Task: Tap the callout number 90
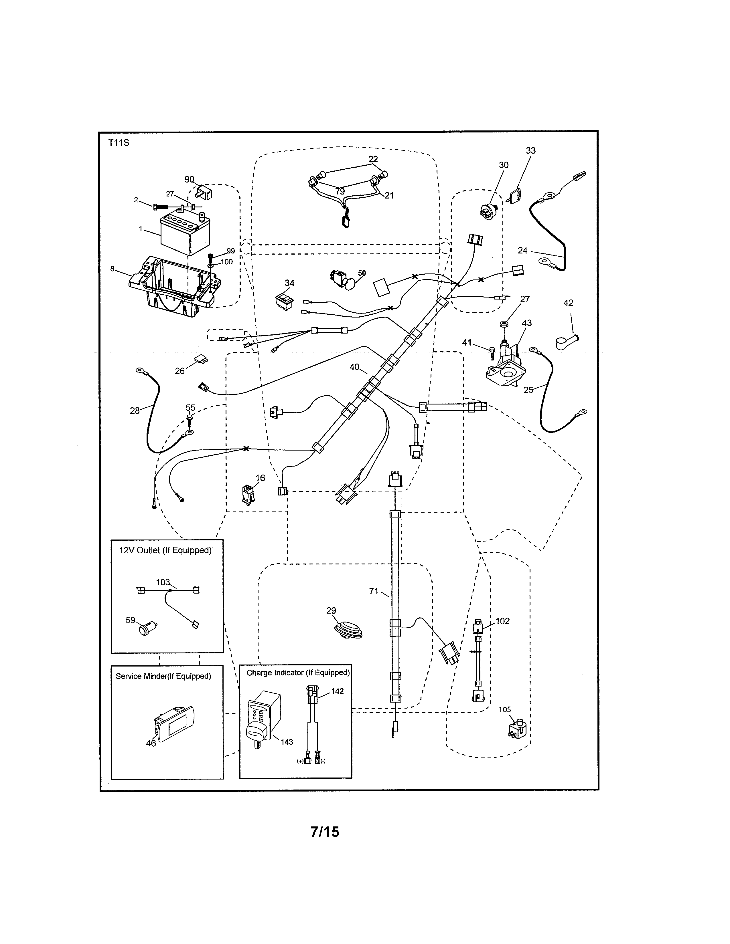(189, 179)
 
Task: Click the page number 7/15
(325, 832)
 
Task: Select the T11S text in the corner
(119, 143)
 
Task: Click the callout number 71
(373, 591)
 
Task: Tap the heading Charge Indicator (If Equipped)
(297, 673)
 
